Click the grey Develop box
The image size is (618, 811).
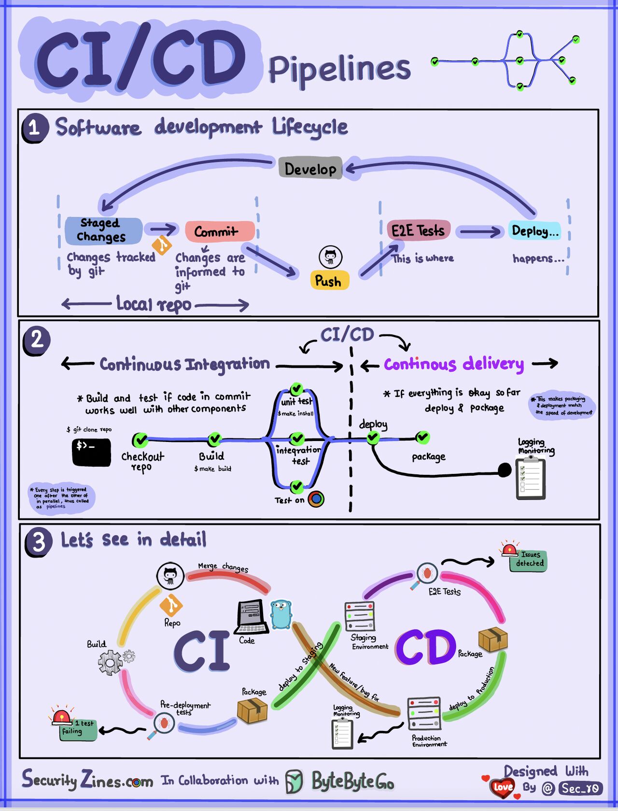click(310, 169)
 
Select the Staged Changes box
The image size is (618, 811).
click(103, 230)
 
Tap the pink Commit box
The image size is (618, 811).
click(220, 232)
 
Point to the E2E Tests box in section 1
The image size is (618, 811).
click(418, 230)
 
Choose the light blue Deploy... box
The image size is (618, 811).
click(534, 231)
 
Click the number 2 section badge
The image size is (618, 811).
click(36, 341)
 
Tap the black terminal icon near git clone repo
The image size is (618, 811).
click(91, 452)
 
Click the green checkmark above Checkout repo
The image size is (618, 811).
click(140, 440)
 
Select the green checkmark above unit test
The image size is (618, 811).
click(296, 389)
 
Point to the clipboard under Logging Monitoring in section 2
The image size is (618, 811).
click(531, 478)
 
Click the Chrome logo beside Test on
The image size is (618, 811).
click(316, 499)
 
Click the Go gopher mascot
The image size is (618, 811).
click(281, 614)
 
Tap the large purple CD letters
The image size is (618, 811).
click(425, 647)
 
